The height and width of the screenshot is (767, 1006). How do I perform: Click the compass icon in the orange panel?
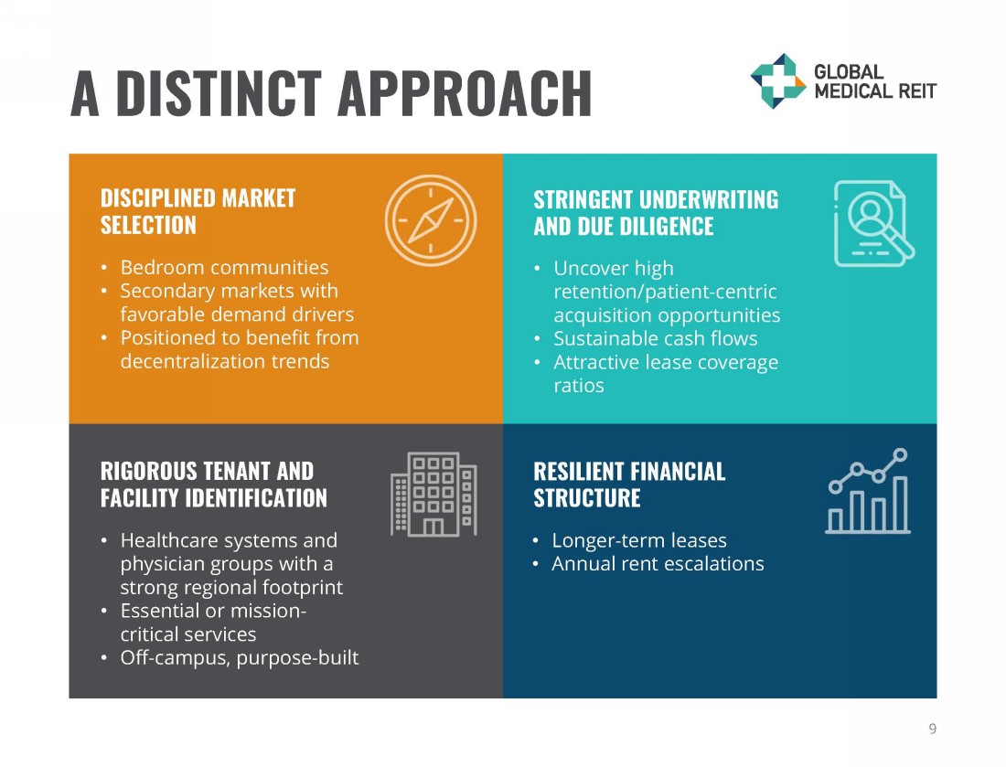tap(431, 220)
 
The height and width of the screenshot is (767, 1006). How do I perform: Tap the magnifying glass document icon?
tap(873, 223)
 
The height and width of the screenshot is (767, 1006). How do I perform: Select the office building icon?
tap(433, 495)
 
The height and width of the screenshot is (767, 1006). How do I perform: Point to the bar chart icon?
tap(868, 491)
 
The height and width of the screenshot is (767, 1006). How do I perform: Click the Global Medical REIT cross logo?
tap(778, 80)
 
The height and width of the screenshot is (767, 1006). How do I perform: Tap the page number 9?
tap(932, 729)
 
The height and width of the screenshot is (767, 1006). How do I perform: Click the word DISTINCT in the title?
tap(219, 93)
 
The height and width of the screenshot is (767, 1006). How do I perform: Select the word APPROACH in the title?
tap(464, 93)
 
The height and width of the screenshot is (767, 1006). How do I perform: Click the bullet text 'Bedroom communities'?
tap(224, 267)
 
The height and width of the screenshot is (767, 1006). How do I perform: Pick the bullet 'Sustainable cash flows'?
tap(655, 338)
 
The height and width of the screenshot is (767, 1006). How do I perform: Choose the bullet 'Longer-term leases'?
tap(639, 540)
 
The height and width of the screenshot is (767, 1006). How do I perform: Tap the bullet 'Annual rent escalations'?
tap(658, 563)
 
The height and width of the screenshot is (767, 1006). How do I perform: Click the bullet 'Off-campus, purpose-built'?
tap(240, 657)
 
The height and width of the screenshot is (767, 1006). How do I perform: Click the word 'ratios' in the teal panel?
tap(579, 385)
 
